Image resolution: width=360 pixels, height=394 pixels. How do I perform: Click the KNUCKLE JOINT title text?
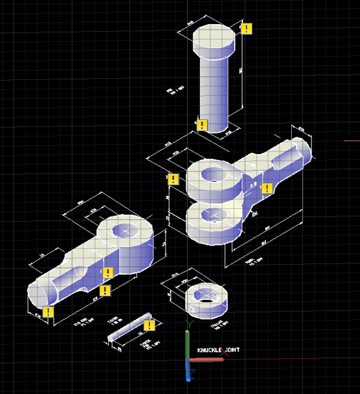click(x=218, y=350)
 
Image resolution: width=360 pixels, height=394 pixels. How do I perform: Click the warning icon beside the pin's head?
click(x=246, y=28)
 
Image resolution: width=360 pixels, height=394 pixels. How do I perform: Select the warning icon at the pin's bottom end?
click(x=201, y=125)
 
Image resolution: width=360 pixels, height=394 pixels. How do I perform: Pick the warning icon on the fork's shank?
click(x=266, y=188)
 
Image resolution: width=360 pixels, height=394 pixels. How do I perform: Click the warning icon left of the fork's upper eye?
click(x=173, y=179)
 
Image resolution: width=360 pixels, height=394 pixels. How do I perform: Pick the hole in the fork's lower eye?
click(x=212, y=214)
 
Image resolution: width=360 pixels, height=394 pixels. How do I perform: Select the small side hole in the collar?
click(x=193, y=305)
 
